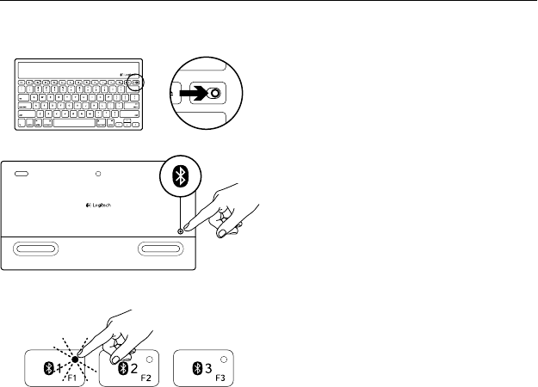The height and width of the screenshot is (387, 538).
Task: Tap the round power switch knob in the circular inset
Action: point(213,94)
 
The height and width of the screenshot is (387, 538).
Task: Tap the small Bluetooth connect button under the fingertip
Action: point(180,229)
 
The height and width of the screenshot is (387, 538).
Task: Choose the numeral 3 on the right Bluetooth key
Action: point(209,367)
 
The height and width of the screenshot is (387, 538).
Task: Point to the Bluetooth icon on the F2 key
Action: point(122,368)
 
